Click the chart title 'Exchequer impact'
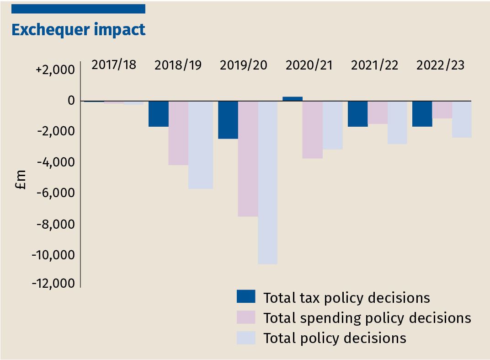pos(78,29)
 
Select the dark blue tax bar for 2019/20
pos(228,120)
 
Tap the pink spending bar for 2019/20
pos(248,158)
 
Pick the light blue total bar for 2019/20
pos(267,182)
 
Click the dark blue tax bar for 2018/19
pos(159,114)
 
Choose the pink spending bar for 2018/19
pos(178,133)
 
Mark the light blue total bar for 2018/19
pos(200,145)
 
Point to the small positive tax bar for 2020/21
pos(293,99)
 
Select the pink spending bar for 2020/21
pos(313,129)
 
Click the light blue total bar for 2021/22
pos(397,123)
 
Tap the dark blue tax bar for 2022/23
pos(422,114)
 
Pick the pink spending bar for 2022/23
pos(442,110)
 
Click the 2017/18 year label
pos(114,64)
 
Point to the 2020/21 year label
pos(309,65)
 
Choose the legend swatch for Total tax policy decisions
pos(245,297)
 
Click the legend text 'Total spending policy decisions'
pos(367,317)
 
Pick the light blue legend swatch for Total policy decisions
pos(245,338)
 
